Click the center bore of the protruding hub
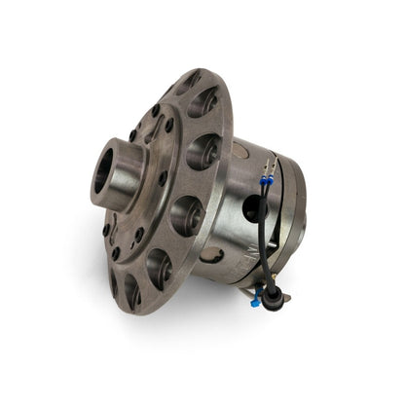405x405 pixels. [103, 172]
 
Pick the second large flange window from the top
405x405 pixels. [202, 151]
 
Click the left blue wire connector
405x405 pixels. [264, 181]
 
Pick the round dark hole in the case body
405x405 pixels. [255, 207]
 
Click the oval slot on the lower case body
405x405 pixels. [213, 255]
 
